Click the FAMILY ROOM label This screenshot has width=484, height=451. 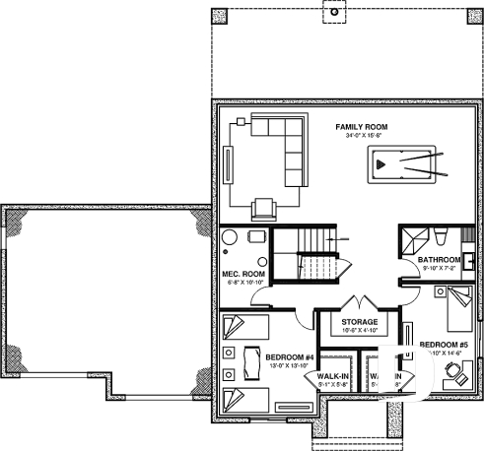point(361,127)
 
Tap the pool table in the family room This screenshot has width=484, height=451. point(403,164)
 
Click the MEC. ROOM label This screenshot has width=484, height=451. point(242,273)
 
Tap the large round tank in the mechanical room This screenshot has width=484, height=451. point(230,241)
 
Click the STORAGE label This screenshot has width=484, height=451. point(360,321)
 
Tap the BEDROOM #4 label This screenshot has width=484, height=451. point(290,356)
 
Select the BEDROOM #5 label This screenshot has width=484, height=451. point(444,345)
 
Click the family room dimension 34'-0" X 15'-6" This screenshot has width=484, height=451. point(361,136)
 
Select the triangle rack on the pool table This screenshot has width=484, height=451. point(382,164)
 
